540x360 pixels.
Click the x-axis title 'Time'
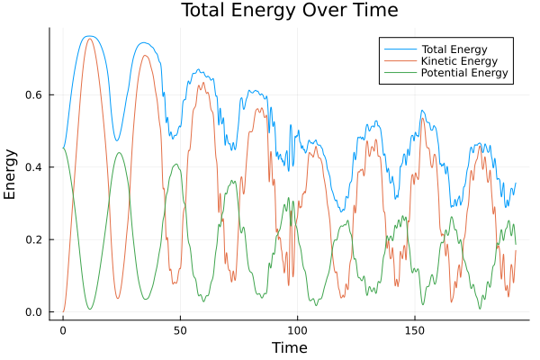(289, 347)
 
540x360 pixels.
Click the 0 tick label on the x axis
(63, 329)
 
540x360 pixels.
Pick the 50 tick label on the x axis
(180, 329)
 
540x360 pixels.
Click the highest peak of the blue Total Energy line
(89, 36)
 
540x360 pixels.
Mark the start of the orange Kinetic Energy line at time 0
(63, 311)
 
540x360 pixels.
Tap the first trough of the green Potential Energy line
(90, 309)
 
